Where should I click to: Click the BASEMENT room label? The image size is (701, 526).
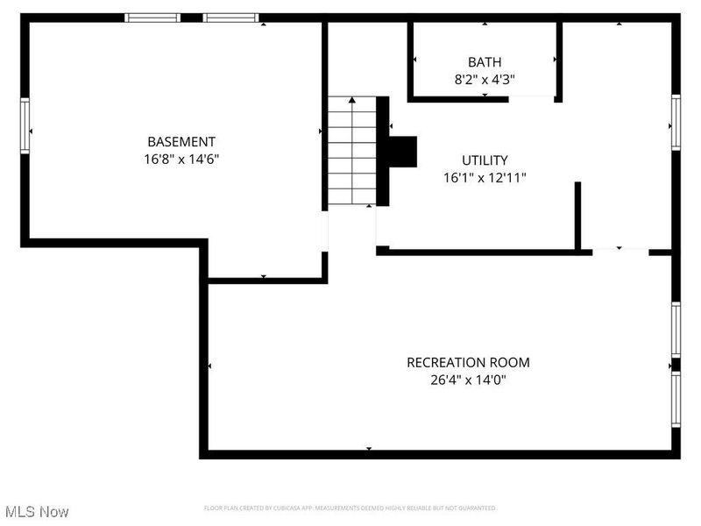click(x=181, y=141)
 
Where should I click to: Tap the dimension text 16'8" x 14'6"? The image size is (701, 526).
click(x=181, y=160)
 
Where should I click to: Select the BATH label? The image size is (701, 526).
click(x=485, y=61)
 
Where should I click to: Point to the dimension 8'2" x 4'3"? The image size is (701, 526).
click(x=485, y=79)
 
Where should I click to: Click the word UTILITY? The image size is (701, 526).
click(x=485, y=160)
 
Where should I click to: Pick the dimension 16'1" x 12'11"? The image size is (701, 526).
click(x=485, y=177)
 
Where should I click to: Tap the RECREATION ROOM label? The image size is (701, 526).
click(x=468, y=362)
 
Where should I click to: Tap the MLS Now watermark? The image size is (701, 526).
click(x=37, y=511)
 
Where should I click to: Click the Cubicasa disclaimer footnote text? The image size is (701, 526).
click(x=350, y=508)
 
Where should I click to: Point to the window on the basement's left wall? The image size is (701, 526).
click(x=25, y=126)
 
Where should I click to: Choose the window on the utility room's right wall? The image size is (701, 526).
click(x=676, y=122)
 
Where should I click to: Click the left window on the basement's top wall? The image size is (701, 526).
click(x=153, y=18)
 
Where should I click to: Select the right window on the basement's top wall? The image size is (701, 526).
click(x=230, y=18)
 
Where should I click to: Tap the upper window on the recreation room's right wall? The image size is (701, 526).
click(x=676, y=330)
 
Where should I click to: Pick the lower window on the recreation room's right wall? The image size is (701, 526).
click(x=676, y=399)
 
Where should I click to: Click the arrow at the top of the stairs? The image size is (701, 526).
click(x=351, y=101)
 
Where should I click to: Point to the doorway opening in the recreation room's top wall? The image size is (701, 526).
click(x=620, y=252)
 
